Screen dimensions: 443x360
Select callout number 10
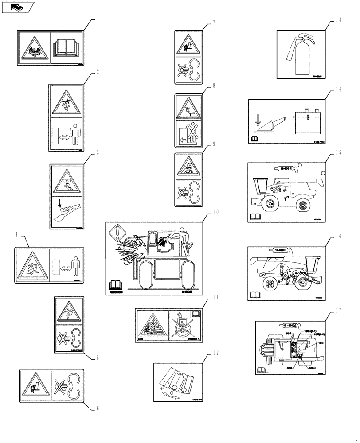coord(215,212)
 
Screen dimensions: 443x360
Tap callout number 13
coord(339,19)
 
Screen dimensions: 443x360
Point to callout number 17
coord(339,311)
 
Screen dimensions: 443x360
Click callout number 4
coord(17,234)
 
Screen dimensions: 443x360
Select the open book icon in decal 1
coord(67,48)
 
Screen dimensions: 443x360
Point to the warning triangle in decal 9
coord(188,167)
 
